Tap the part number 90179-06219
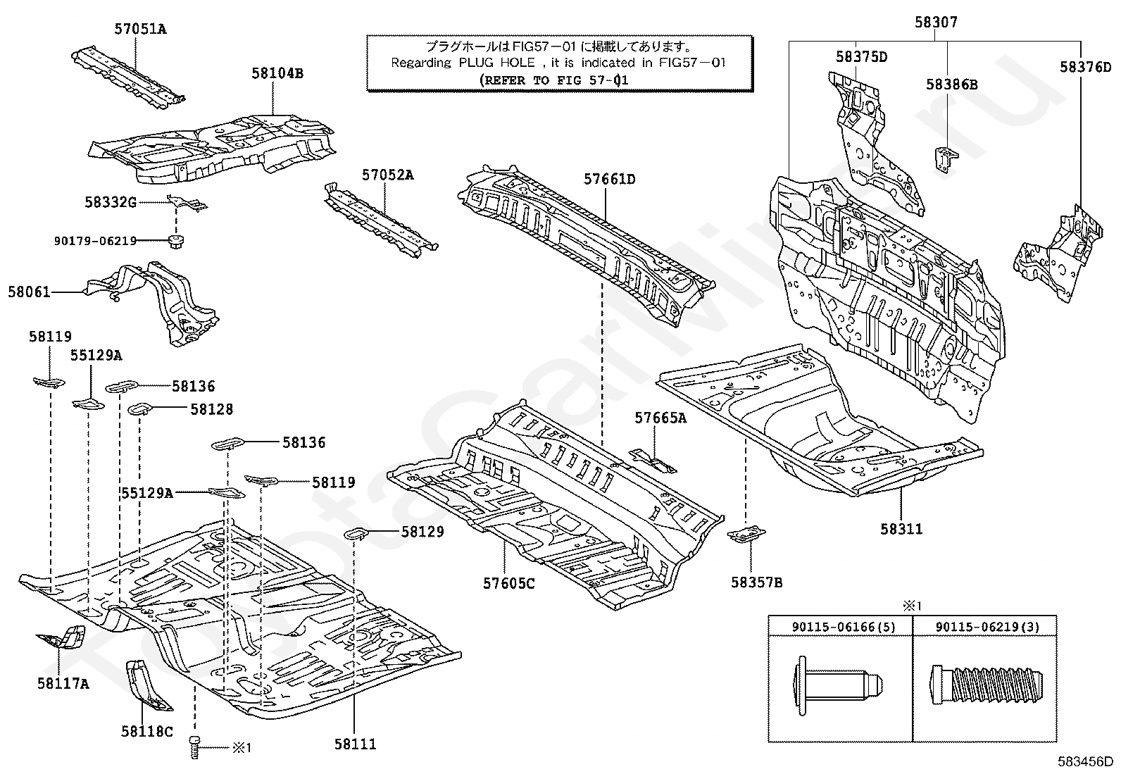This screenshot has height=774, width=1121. [x=95, y=241]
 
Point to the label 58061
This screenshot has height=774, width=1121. [x=29, y=291]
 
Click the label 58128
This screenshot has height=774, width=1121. [x=211, y=409]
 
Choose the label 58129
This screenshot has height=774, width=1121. [x=422, y=532]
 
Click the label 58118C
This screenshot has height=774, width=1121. [x=146, y=732]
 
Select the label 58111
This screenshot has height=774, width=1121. [x=355, y=743]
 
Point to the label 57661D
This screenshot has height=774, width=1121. [x=609, y=180]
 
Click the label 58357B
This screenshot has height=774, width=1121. [x=756, y=582]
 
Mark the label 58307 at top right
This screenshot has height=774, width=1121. [x=936, y=23]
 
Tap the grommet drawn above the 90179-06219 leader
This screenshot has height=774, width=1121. [x=174, y=241]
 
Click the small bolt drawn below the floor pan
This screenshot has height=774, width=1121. [x=196, y=746]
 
